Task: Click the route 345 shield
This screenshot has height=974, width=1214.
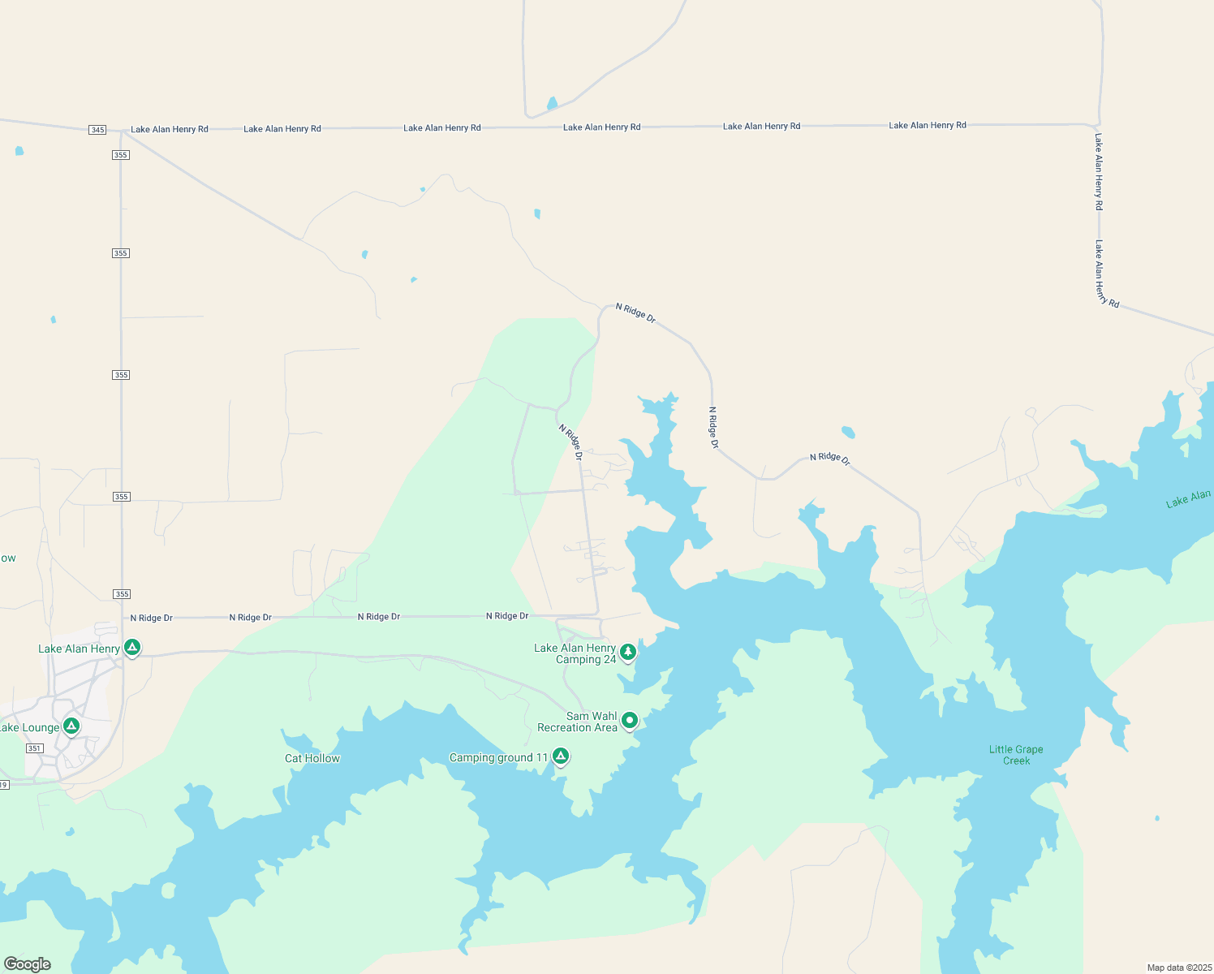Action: [97, 130]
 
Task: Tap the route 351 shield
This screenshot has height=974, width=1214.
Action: [34, 748]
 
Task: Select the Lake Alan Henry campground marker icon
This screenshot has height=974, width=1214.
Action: [132, 648]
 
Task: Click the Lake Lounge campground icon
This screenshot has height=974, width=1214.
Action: [71, 726]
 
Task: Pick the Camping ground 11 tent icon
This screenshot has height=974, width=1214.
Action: [560, 756]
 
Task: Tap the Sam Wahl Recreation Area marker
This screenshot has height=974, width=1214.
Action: [629, 720]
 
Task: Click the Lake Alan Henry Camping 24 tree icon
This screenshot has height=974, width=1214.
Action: [627, 652]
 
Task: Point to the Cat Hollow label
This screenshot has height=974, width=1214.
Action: [312, 758]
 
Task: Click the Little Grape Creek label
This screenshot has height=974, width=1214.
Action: [1016, 755]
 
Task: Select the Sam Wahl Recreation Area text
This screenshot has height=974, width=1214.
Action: [578, 722]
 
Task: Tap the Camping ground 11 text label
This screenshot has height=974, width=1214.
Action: [499, 758]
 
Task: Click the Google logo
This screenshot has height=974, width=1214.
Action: [28, 964]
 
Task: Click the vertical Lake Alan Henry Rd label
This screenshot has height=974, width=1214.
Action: [1099, 172]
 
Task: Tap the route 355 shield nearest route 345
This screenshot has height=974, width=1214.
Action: [121, 155]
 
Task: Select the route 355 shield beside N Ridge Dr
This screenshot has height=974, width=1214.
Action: [122, 594]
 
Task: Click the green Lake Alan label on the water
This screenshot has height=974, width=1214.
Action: [1189, 498]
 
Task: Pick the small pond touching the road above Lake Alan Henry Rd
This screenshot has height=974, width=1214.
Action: [553, 104]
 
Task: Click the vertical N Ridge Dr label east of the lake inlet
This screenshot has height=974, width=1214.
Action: [713, 428]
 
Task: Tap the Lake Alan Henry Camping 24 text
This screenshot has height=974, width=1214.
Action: [575, 653]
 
